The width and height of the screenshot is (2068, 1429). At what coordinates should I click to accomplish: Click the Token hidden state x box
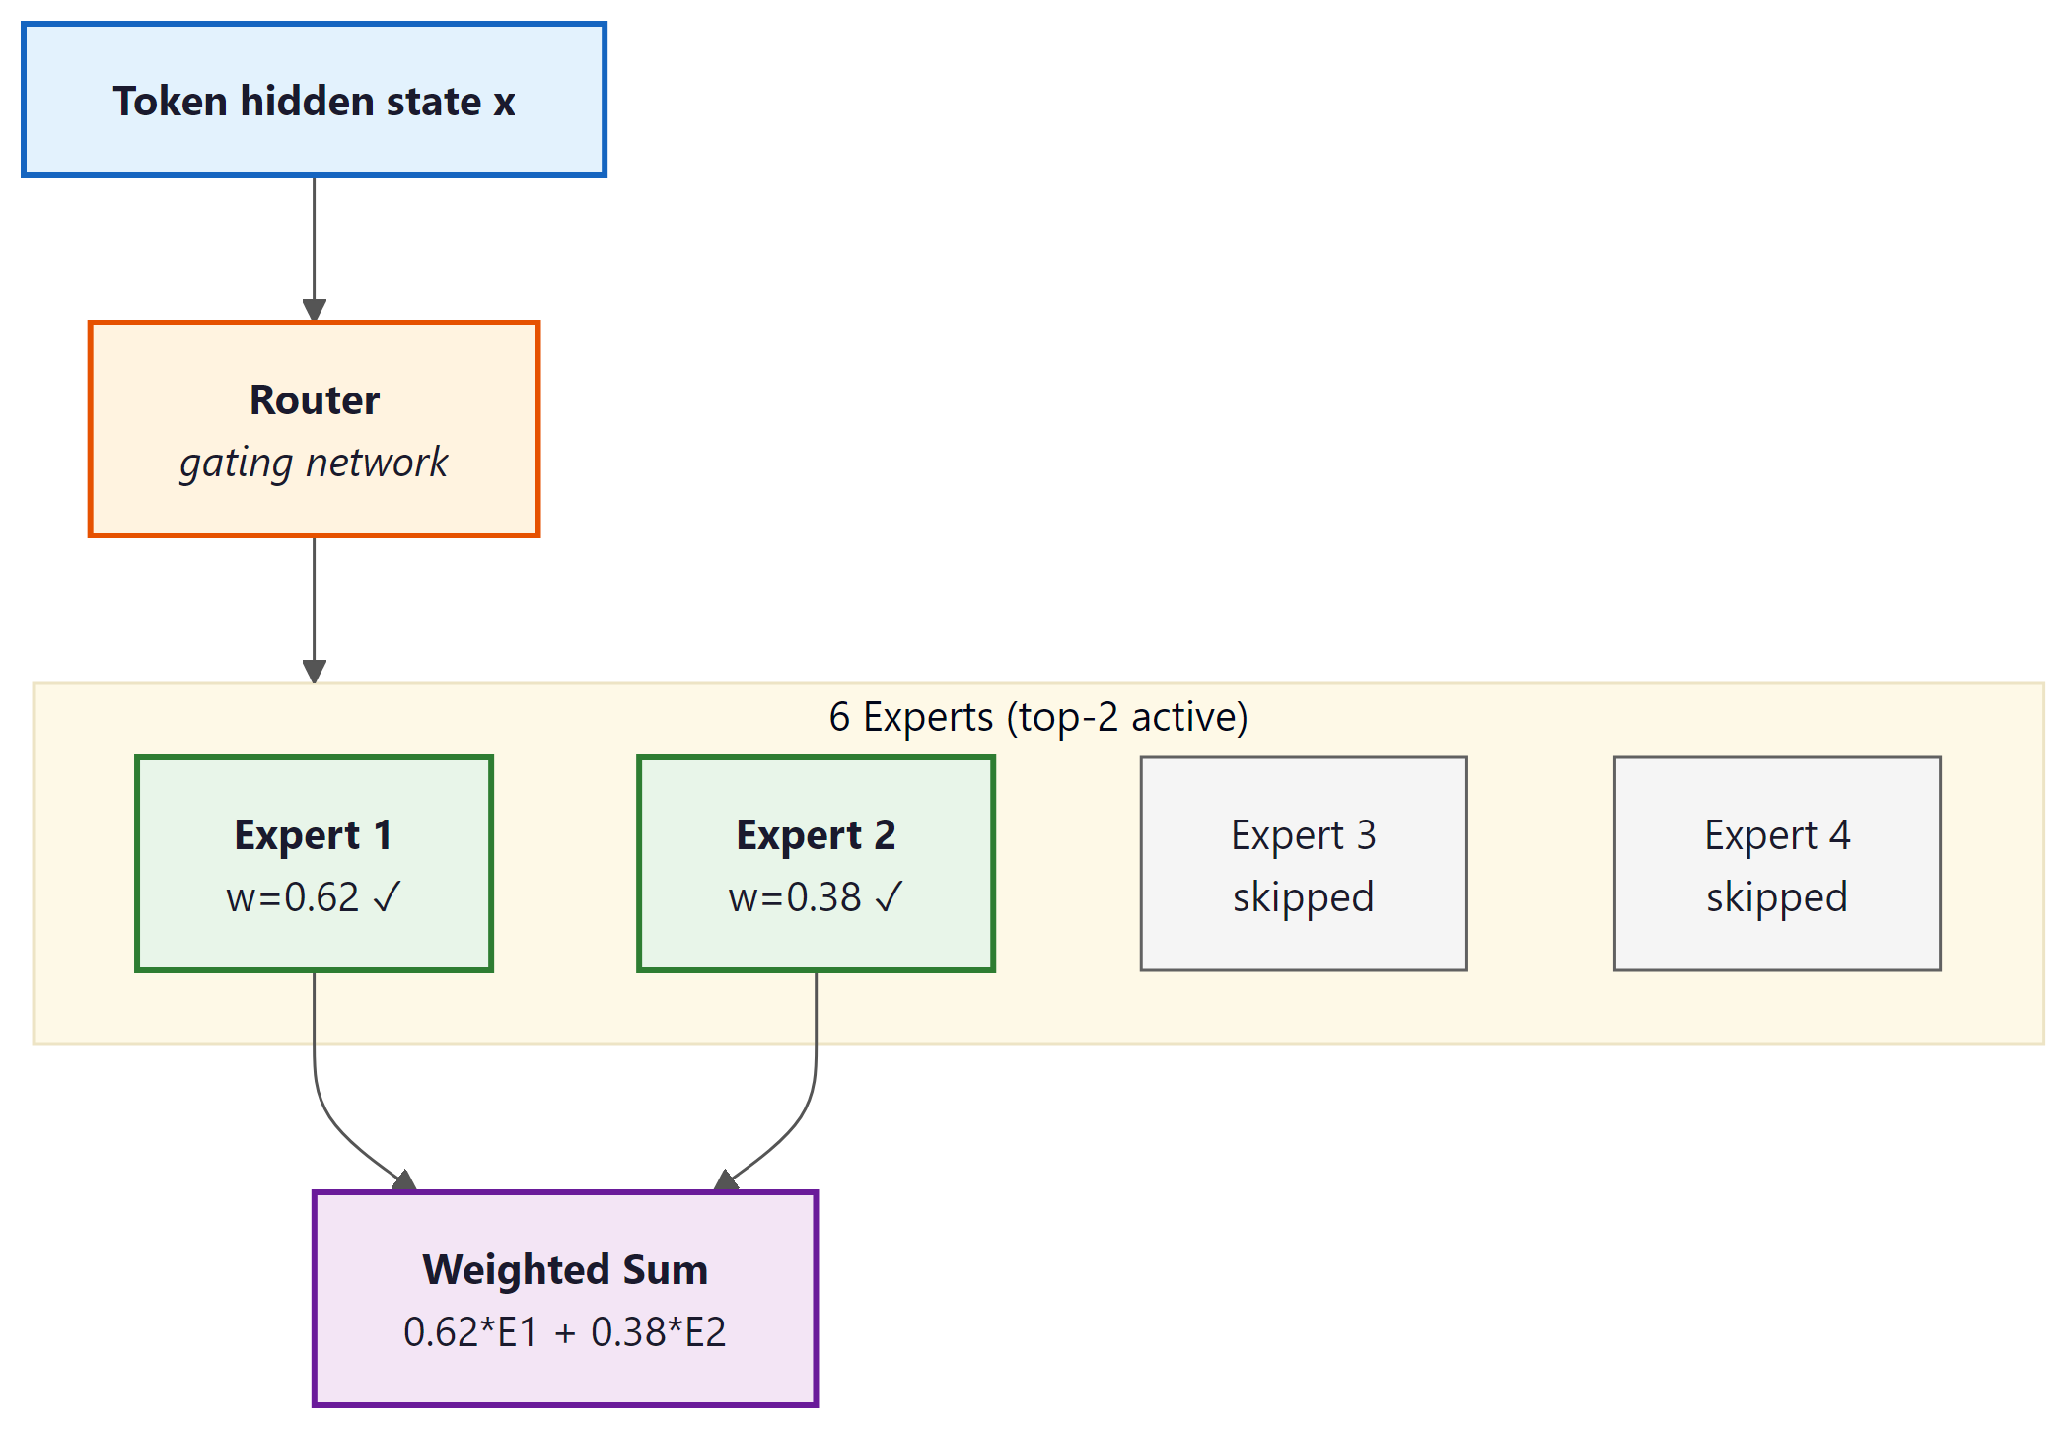(314, 100)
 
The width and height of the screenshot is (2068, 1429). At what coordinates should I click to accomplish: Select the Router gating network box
(314, 429)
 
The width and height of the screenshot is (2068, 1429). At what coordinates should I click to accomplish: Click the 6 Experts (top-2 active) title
(1037, 717)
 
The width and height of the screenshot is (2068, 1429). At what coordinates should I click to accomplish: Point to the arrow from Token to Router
(314, 247)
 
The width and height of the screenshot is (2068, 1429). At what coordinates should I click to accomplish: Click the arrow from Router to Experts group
(314, 607)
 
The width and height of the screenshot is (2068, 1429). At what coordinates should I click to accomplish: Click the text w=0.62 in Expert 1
(293, 897)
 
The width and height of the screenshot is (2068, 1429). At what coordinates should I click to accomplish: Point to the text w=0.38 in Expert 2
(795, 897)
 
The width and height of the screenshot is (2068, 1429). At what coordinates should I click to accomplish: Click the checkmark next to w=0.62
(387, 896)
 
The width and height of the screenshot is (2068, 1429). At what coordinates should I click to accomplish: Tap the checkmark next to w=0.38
(889, 896)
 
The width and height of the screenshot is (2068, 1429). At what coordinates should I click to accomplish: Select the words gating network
(314, 463)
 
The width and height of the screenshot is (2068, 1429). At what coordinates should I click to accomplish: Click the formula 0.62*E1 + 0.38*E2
(564, 1332)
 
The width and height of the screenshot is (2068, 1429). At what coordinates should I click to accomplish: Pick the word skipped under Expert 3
(1303, 897)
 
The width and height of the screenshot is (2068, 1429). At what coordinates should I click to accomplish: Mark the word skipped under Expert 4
(1776, 897)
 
